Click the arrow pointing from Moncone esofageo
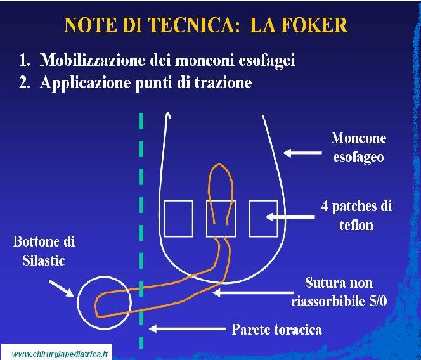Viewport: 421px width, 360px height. pyautogui.click(x=302, y=153)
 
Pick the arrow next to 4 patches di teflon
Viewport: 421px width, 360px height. pyautogui.click(x=290, y=217)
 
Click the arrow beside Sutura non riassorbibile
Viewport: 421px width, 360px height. pyautogui.click(x=253, y=292)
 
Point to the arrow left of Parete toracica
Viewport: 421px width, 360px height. pyautogui.click(x=188, y=328)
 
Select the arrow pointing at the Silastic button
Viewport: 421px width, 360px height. pyautogui.click(x=62, y=288)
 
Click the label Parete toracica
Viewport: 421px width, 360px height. pyautogui.click(x=277, y=329)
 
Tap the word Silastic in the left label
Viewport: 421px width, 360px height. pyautogui.click(x=44, y=260)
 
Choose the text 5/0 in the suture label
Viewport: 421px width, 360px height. pyautogui.click(x=378, y=302)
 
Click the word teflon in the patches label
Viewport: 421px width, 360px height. pyautogui.click(x=356, y=225)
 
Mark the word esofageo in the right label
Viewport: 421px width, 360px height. pyautogui.click(x=358, y=157)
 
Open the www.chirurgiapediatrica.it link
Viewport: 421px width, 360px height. pyautogui.click(x=60, y=354)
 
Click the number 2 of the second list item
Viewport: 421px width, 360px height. pyautogui.click(x=23, y=82)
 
